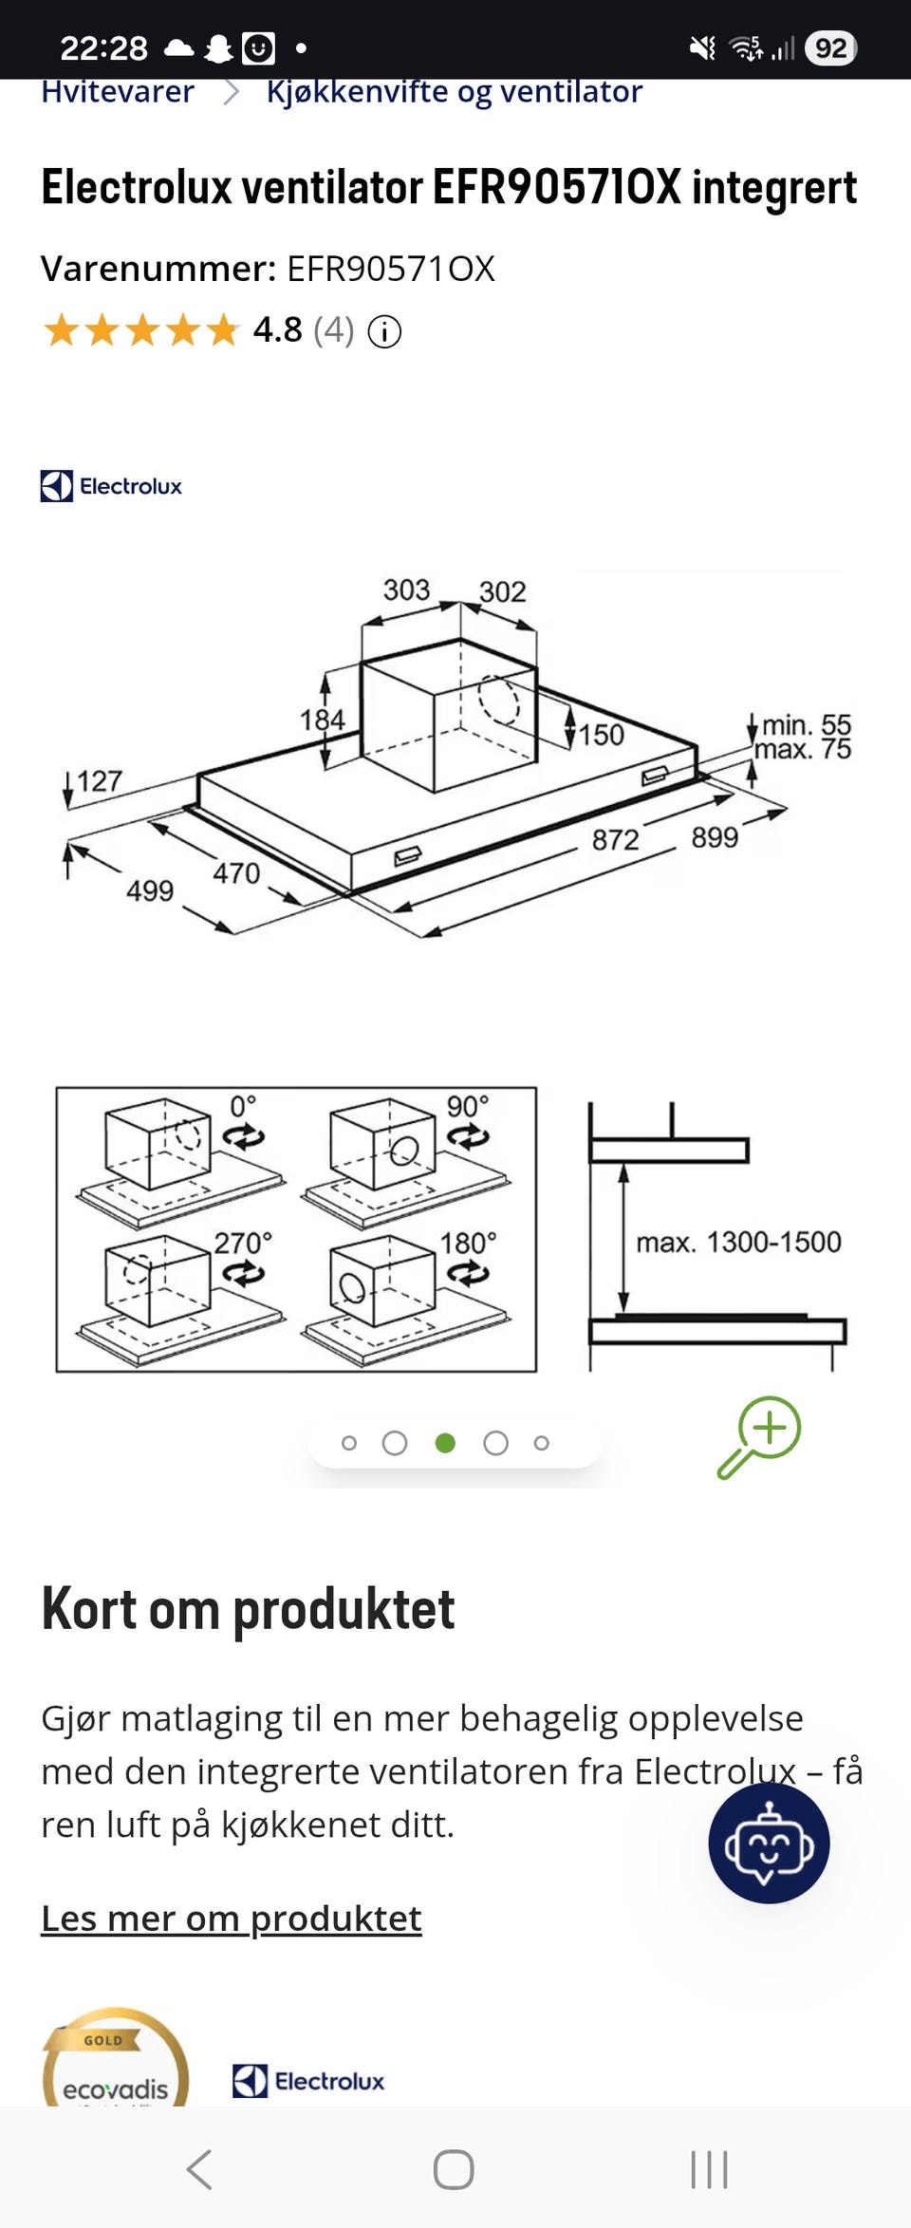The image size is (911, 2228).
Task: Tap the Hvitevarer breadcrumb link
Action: click(118, 92)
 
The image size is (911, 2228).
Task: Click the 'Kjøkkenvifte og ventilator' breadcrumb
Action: click(454, 93)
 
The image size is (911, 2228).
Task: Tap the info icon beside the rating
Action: click(384, 332)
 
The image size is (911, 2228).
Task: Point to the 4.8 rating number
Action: click(277, 330)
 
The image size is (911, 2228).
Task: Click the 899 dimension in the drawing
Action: click(715, 837)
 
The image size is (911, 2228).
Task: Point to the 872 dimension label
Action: click(615, 840)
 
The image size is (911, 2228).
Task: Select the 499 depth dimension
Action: click(150, 890)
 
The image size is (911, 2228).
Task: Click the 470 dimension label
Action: click(236, 873)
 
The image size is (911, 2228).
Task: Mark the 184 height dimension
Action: click(322, 720)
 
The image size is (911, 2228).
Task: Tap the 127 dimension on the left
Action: click(100, 781)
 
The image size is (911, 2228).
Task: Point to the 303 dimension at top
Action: click(406, 590)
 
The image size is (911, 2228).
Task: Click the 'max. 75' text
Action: click(803, 750)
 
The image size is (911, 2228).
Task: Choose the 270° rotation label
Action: click(243, 1243)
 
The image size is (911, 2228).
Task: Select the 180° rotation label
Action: click(468, 1243)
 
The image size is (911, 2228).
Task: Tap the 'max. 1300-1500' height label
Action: click(738, 1242)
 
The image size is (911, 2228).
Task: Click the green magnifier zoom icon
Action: click(759, 1437)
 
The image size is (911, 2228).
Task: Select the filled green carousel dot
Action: click(445, 1443)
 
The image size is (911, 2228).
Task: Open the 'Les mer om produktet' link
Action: click(232, 1919)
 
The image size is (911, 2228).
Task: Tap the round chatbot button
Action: click(769, 1843)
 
